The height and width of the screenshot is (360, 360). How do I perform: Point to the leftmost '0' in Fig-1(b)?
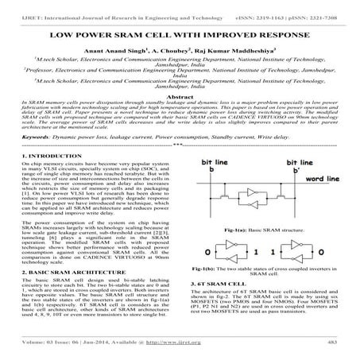(207, 252)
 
